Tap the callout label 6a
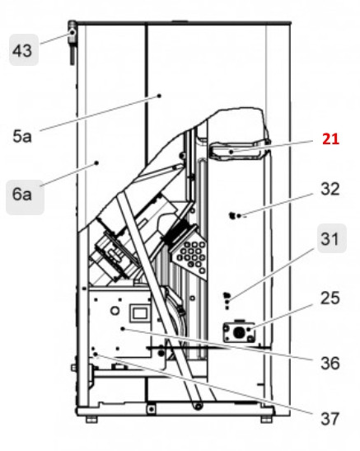pos(21,195)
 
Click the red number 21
pos(330,139)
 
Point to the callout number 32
pos(330,190)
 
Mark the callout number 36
pos(330,360)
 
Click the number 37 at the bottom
pos(330,419)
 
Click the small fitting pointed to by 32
pos(234,216)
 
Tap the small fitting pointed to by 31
pos(230,297)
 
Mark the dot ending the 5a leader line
pos(159,96)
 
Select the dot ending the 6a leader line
pos(97,163)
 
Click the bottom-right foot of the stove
pos(266,420)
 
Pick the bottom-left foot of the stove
pos(91,420)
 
